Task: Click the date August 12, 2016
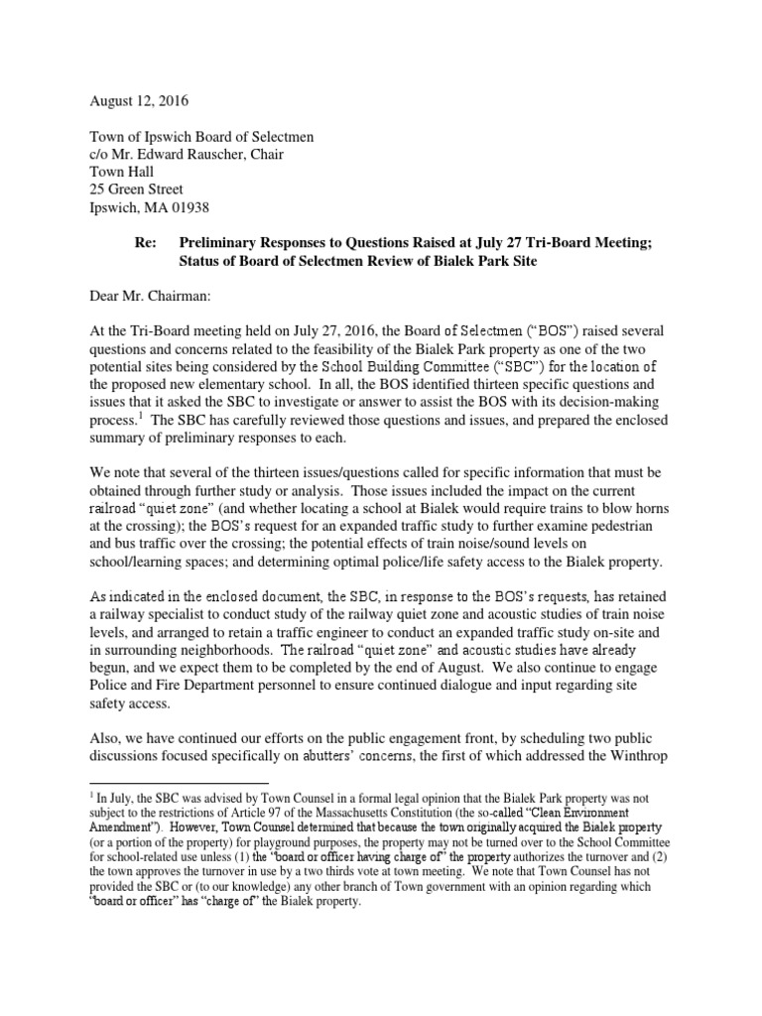pyautogui.click(x=140, y=101)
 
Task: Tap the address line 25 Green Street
pyautogui.click(x=137, y=189)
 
